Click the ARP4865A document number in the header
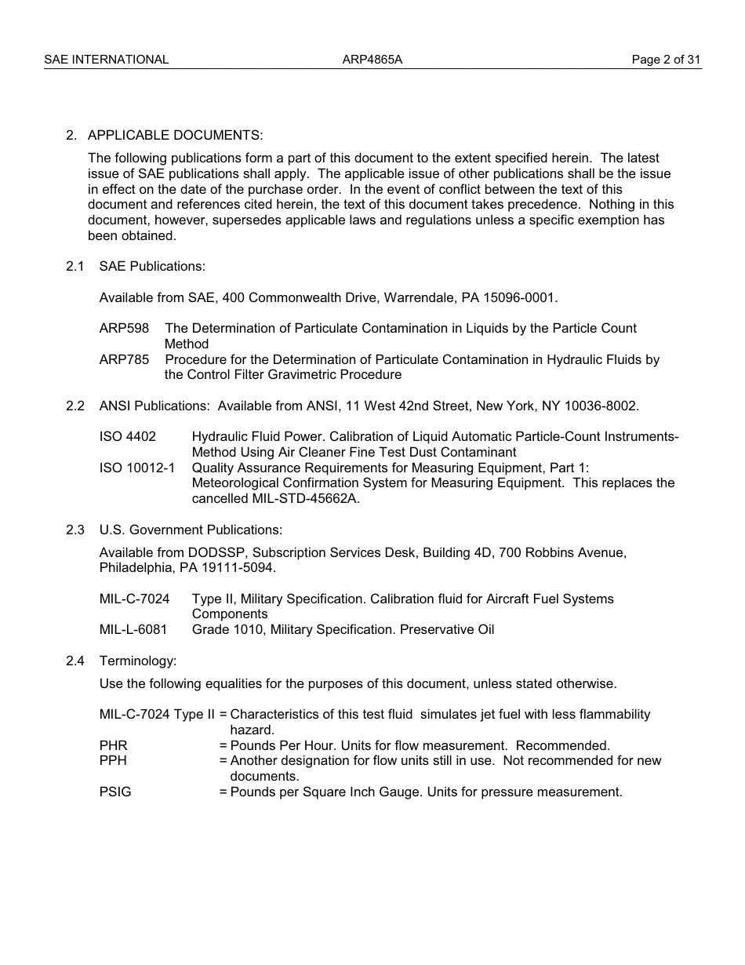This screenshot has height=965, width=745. click(372, 60)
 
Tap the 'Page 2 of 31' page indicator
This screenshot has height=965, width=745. click(666, 60)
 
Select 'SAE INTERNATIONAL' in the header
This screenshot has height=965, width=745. click(106, 60)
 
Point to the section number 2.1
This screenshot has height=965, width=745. click(75, 267)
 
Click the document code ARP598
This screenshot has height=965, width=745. click(124, 328)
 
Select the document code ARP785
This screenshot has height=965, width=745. click(124, 359)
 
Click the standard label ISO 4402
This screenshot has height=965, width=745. click(128, 437)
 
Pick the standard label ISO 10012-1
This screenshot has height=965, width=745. click(137, 468)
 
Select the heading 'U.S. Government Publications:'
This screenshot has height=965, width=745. click(191, 530)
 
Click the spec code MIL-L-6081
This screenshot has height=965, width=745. click(133, 630)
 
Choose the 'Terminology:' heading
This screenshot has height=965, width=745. click(138, 661)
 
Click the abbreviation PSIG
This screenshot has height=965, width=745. click(115, 792)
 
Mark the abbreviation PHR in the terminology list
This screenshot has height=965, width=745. click(113, 746)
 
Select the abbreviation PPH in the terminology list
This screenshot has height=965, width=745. click(113, 761)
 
